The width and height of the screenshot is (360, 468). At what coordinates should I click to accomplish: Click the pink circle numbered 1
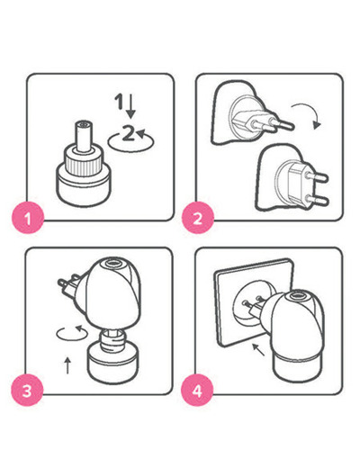[28, 218]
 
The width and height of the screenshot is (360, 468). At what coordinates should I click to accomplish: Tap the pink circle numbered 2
[198, 218]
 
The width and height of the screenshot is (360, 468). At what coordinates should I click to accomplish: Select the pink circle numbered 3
[27, 391]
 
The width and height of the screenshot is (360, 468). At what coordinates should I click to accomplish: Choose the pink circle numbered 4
[197, 391]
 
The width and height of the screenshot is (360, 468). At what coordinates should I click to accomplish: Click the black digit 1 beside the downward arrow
[120, 102]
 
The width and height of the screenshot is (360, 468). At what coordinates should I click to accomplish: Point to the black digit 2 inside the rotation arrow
[129, 132]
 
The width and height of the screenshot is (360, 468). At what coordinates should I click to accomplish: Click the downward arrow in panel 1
[130, 106]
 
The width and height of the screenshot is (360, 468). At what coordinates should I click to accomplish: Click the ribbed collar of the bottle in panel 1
[84, 164]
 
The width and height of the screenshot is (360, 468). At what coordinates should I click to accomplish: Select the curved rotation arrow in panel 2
[309, 111]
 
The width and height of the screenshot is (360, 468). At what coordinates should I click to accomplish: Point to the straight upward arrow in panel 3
[67, 365]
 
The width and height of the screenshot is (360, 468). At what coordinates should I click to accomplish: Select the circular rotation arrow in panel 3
[72, 334]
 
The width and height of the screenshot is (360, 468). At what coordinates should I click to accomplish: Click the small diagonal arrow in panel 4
[258, 350]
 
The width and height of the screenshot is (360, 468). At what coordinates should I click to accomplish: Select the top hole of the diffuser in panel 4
[297, 297]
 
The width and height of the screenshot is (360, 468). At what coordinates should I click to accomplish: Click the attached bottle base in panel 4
[298, 368]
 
